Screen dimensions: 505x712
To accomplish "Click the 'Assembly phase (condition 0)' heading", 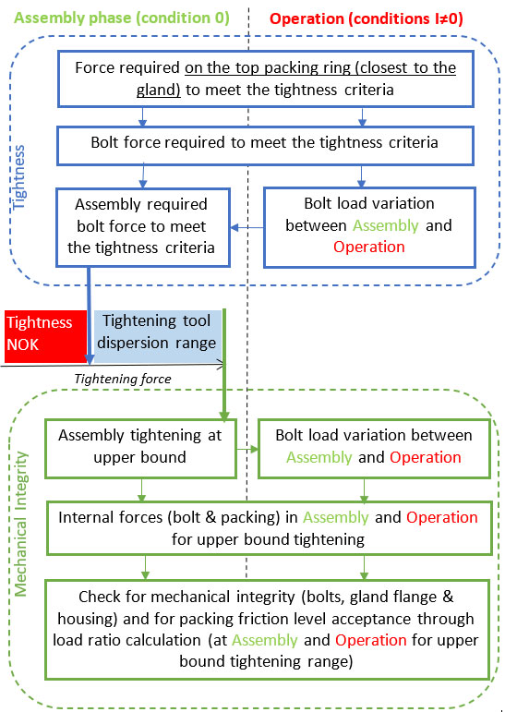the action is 122,18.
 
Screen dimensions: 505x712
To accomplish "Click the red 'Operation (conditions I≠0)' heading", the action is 366,19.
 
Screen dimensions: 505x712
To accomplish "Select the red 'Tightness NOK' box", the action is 45,336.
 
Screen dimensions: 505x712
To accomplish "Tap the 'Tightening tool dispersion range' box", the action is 158,336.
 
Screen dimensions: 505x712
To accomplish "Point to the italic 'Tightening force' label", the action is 123,379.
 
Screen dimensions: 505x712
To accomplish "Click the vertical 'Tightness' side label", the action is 18,177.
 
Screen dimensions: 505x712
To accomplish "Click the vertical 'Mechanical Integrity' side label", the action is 21,524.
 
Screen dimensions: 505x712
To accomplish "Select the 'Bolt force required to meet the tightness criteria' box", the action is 265,146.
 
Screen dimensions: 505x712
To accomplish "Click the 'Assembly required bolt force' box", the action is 143,227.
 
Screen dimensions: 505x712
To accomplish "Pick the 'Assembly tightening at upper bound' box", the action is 140,448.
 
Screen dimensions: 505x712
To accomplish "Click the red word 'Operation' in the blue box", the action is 368,247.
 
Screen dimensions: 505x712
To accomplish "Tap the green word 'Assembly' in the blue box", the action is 386,225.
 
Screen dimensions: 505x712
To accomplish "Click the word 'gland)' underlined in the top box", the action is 159,90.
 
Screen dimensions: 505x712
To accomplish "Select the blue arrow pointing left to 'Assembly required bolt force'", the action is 247,227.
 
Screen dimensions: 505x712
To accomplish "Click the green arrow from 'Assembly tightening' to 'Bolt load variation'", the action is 247,449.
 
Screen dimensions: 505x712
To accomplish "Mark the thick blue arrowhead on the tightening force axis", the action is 90,359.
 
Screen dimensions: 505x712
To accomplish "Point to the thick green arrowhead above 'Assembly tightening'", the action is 224,415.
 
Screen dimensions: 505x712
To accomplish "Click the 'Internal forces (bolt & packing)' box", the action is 270,528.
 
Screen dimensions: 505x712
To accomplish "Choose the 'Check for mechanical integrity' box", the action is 267,630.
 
